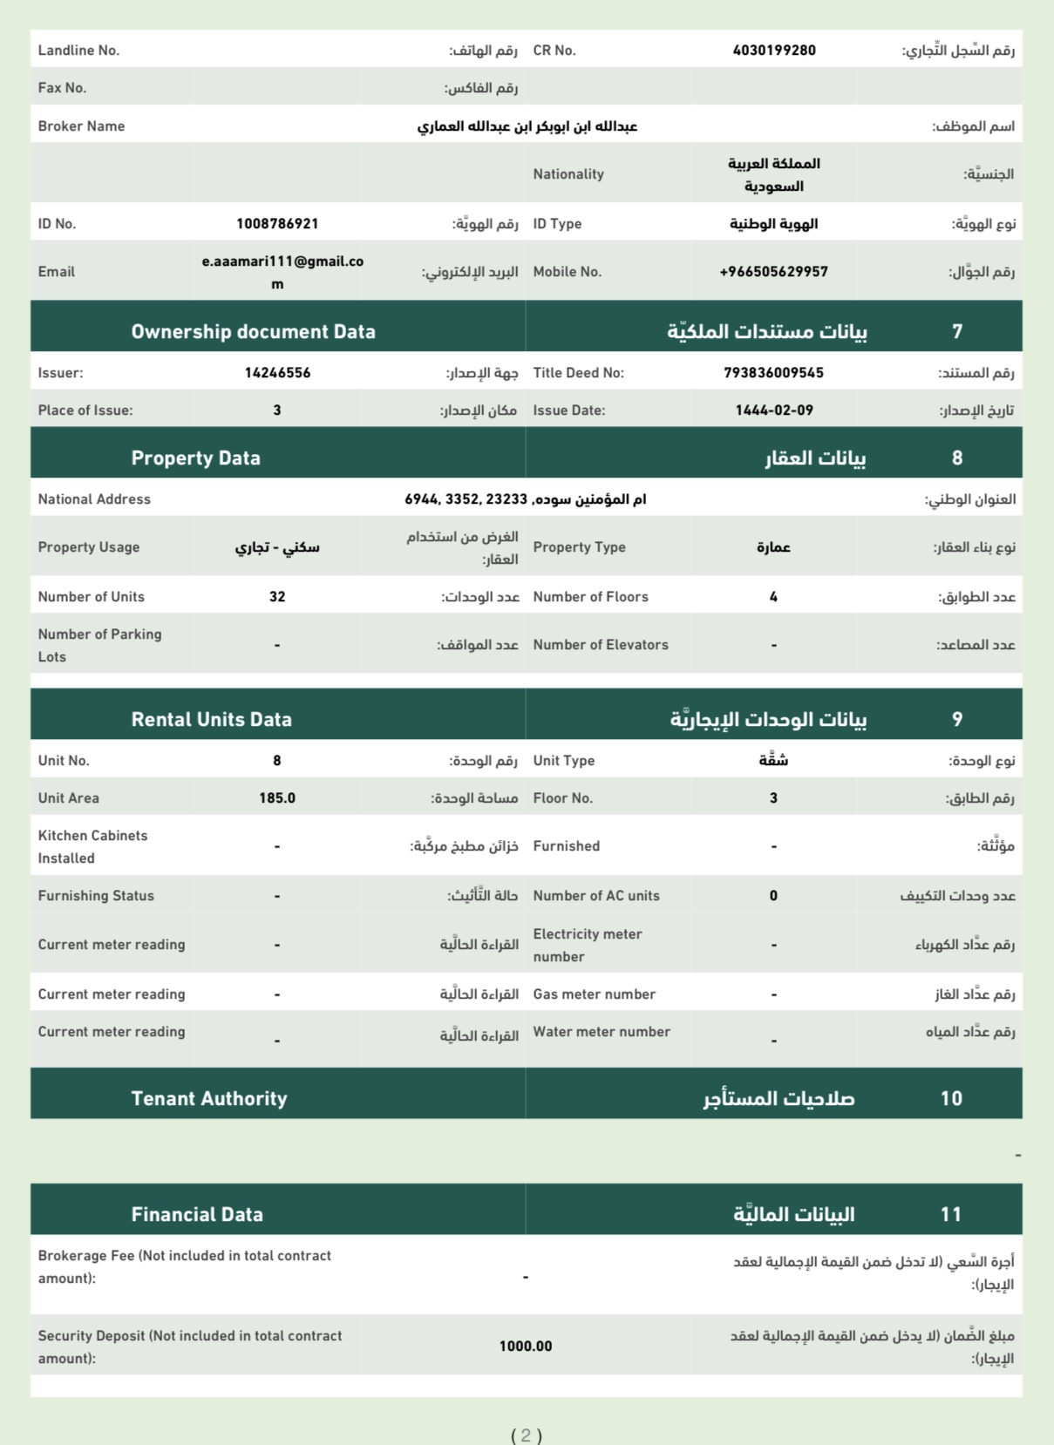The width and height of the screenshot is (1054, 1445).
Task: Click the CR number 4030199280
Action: (774, 51)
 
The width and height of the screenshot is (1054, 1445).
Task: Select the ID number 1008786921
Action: (277, 224)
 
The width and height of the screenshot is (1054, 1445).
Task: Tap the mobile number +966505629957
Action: (773, 272)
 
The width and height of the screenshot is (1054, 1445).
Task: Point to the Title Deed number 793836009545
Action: (773, 373)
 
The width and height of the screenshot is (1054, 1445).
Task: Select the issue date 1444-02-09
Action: (773, 410)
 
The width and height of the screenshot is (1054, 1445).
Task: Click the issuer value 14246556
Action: (277, 373)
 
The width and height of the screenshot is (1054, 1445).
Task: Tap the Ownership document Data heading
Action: (253, 332)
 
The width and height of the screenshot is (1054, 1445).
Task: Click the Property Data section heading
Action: (195, 458)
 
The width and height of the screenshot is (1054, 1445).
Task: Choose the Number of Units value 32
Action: (277, 597)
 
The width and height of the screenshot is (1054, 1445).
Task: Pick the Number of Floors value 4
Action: (773, 597)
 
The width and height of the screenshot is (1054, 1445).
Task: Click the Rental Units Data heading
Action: (211, 720)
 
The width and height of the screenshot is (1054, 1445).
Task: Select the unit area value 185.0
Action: (277, 798)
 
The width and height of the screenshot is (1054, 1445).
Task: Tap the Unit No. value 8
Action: (277, 761)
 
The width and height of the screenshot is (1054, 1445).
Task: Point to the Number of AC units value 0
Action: (773, 896)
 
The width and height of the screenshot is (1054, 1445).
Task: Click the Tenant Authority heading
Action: (209, 1099)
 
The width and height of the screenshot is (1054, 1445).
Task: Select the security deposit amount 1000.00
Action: (526, 1347)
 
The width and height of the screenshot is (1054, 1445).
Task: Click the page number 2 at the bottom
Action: (526, 1435)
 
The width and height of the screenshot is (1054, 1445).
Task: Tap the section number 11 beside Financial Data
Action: (951, 1215)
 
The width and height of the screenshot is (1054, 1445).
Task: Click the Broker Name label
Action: (81, 126)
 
